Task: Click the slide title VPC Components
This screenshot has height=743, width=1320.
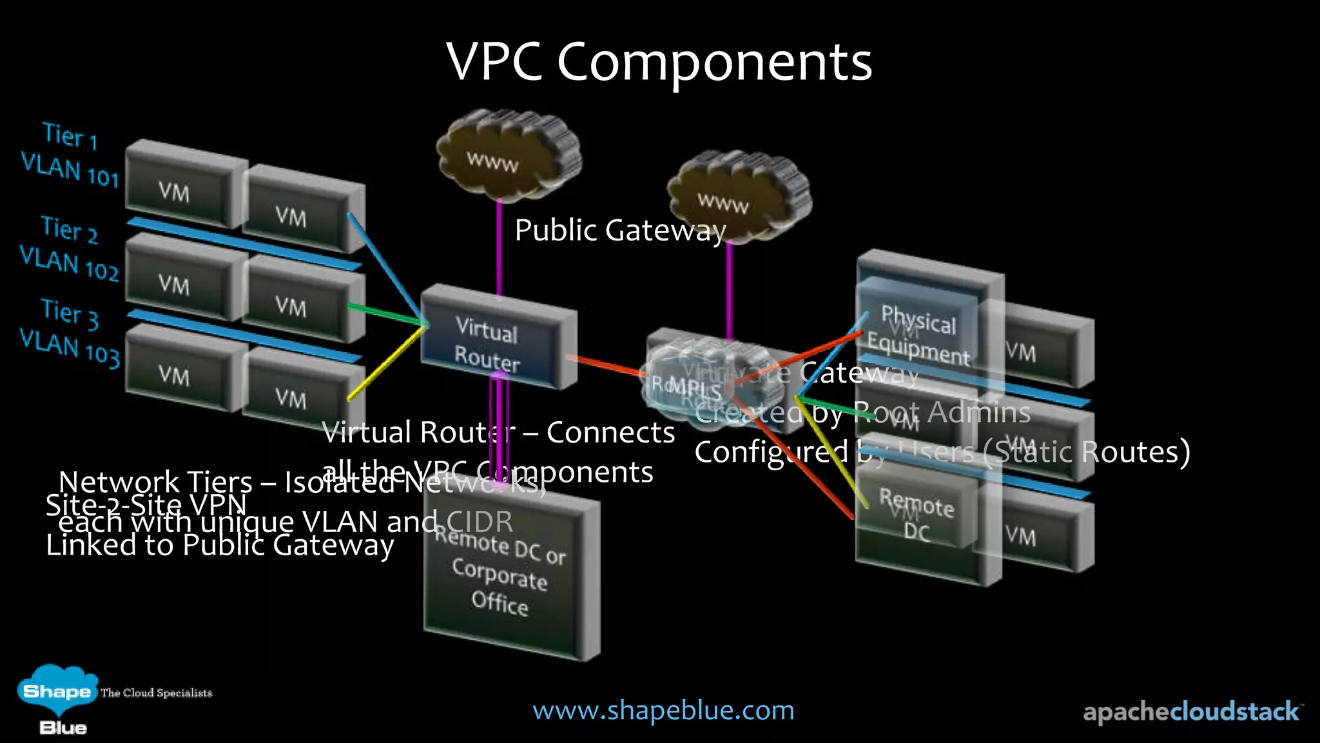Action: point(659,62)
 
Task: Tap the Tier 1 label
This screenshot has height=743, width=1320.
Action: point(70,135)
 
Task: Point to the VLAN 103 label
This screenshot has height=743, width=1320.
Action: point(70,347)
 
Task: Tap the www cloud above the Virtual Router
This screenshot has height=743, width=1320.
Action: point(507,152)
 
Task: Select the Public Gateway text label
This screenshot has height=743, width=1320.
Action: point(620,230)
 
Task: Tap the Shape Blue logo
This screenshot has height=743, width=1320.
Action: point(58,700)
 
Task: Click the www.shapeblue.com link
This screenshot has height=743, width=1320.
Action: point(663,710)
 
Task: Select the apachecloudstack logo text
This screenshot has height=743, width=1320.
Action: point(1191,711)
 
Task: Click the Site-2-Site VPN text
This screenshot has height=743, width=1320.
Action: point(146,505)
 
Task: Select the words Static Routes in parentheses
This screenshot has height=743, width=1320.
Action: point(1087,452)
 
